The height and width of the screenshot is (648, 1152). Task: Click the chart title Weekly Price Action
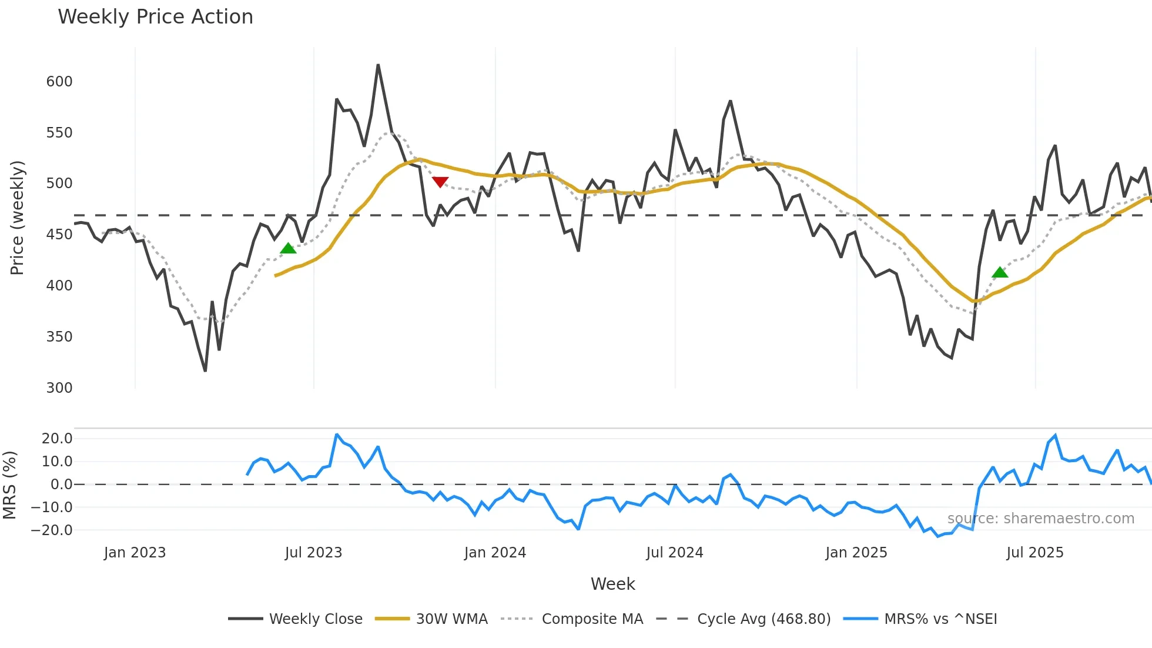(155, 17)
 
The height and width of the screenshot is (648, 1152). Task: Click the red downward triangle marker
(440, 182)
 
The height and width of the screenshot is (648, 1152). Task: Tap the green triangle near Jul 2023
(288, 249)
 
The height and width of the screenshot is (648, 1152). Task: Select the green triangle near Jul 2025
(1000, 272)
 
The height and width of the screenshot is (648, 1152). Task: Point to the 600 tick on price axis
(59, 82)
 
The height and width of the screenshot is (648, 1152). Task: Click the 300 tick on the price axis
(59, 388)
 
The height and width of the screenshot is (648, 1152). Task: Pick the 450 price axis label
(59, 235)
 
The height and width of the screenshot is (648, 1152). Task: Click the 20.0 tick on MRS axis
(57, 439)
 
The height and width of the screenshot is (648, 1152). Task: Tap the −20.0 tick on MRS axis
(52, 530)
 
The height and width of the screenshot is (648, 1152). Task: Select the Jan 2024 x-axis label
(495, 553)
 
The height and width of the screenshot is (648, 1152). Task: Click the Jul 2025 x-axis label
(1035, 553)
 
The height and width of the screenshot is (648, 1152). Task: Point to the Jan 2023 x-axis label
(135, 553)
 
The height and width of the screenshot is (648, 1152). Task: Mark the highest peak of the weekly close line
(378, 65)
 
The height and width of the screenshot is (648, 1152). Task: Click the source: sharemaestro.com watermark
(1040, 519)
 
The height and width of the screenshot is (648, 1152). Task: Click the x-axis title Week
(612, 584)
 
